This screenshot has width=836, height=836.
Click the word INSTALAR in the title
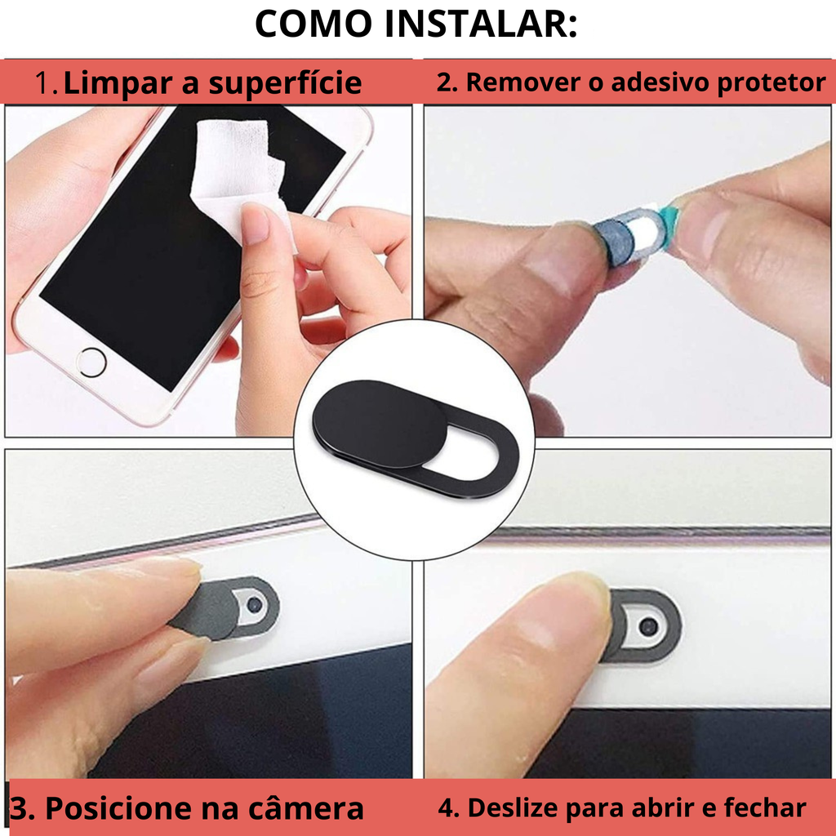click(481, 24)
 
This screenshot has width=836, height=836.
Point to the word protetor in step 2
click(771, 83)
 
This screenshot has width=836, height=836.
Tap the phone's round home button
click(91, 362)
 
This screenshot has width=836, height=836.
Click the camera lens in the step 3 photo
click(255, 604)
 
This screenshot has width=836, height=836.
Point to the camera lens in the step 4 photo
click(647, 626)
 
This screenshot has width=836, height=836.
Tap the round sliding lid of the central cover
click(380, 421)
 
